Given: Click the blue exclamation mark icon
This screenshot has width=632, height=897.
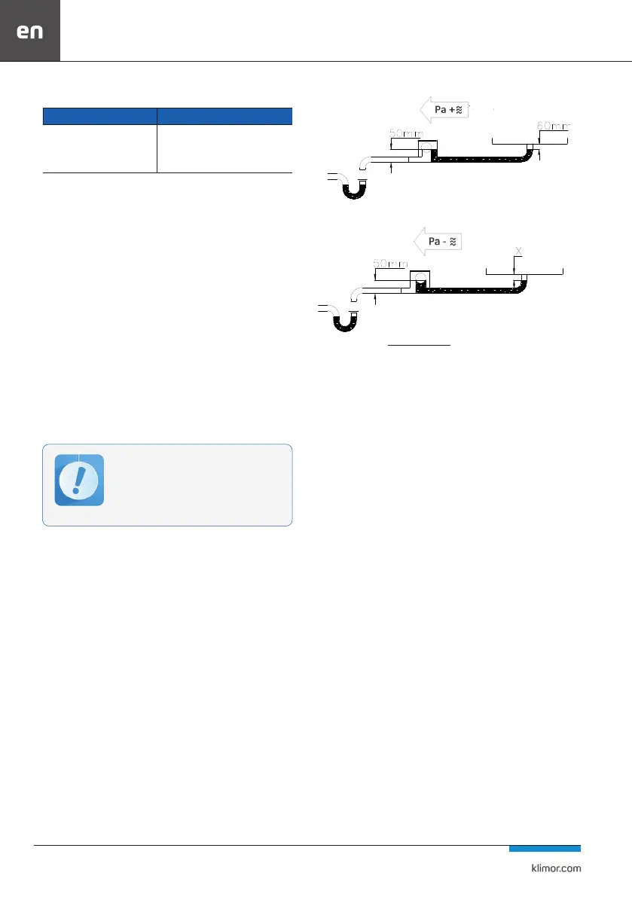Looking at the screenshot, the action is tap(79, 481).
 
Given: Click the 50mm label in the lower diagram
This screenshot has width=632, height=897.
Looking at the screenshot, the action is tap(391, 264).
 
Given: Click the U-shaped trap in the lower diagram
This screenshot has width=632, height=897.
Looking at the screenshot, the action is tap(344, 321).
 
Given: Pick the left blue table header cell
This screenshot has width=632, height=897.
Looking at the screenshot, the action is tap(99, 116).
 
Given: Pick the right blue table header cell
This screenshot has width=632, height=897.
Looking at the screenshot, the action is tap(224, 116).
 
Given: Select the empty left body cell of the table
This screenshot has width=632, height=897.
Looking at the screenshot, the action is tap(99, 148).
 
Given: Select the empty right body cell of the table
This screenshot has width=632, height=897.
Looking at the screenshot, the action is tap(224, 148).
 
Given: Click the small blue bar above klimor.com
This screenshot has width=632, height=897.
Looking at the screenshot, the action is tap(544, 849).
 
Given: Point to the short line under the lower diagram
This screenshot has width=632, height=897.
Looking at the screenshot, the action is tap(419, 346).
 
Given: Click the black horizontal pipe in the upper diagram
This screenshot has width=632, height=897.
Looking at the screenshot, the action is tap(482, 160).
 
